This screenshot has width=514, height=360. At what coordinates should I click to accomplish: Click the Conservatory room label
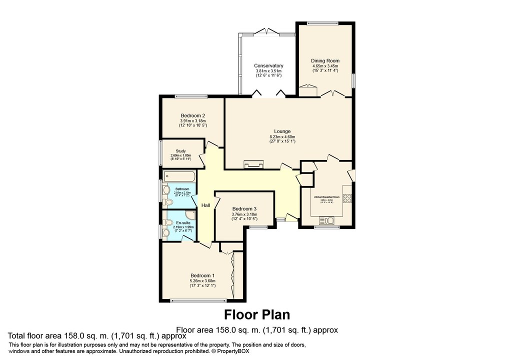(268, 66)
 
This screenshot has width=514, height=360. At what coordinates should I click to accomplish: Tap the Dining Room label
(325, 60)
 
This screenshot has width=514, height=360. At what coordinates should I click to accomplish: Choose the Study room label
(181, 151)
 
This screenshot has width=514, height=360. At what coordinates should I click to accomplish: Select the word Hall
(205, 205)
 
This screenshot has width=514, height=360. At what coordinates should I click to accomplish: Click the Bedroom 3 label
(244, 208)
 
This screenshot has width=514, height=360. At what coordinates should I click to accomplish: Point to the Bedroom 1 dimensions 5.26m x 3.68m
(202, 280)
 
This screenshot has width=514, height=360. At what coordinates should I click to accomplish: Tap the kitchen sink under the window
(329, 220)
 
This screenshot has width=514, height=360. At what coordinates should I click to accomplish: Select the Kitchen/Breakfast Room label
(326, 197)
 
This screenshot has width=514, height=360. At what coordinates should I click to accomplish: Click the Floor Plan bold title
(256, 314)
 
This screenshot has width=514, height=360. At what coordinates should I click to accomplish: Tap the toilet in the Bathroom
(168, 201)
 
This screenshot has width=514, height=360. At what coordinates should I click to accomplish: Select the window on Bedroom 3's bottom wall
(258, 227)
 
